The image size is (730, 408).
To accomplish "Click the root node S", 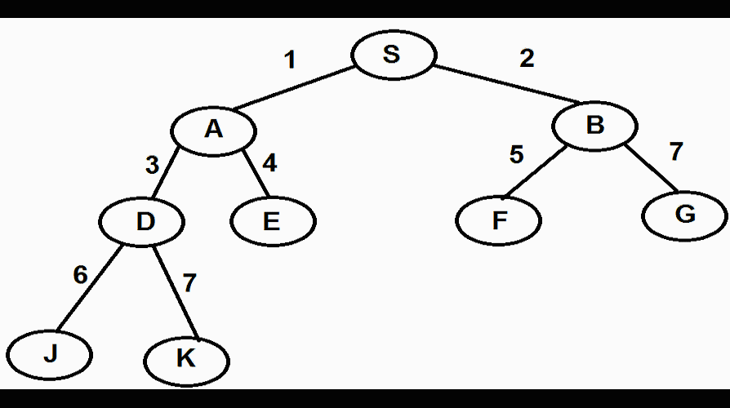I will pos(393,55).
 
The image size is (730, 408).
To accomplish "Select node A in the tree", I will pos(213,130).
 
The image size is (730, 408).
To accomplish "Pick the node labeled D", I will pos(144,221).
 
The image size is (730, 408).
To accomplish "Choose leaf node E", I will pos(272,221).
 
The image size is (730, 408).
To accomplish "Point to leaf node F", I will pos(498,221).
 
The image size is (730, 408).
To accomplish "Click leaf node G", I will pos(684,215).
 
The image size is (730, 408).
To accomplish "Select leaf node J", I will pos(51,355).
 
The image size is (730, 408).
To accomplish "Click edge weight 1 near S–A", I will pos(289,60).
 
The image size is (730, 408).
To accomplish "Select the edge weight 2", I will pos(527,59).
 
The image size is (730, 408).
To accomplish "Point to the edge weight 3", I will pos(152,165).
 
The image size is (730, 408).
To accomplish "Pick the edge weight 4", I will pos(269,163).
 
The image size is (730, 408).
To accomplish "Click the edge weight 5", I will pos(516,154).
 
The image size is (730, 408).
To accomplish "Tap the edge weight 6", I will pos(80,275).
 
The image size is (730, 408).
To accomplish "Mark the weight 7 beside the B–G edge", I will pos(675,151).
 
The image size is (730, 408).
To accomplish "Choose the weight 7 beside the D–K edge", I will pos(189,283).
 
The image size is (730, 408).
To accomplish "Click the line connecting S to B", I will pos(506,85).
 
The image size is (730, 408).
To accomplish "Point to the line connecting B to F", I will pos(535,172).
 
